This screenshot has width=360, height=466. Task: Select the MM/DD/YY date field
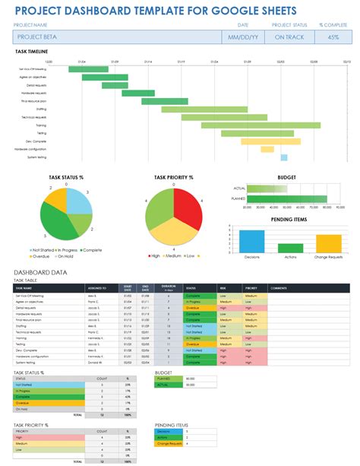point(243,36)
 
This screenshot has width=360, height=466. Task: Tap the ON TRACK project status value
point(289,36)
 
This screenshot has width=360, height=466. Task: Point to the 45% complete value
point(332,36)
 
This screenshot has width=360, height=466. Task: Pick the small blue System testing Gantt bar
point(284,157)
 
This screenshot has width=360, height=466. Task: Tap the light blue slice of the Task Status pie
point(78,201)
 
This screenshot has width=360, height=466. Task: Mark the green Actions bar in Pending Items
point(290,248)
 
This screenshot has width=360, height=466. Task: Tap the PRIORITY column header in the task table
point(251,288)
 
